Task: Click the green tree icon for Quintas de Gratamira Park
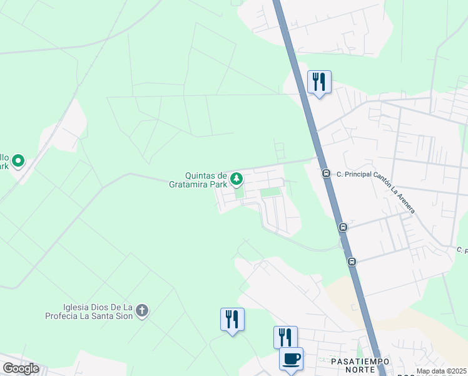237,180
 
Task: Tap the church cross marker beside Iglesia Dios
142,310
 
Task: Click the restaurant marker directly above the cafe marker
285,337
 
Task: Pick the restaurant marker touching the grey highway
319,82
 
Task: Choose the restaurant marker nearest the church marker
232,320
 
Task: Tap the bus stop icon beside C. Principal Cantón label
326,174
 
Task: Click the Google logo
21,368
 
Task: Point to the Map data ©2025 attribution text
440,371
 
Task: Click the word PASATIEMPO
360,362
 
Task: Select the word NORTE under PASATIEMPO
360,372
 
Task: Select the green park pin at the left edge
18,162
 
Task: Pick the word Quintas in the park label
201,176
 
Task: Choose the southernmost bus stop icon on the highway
352,261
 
